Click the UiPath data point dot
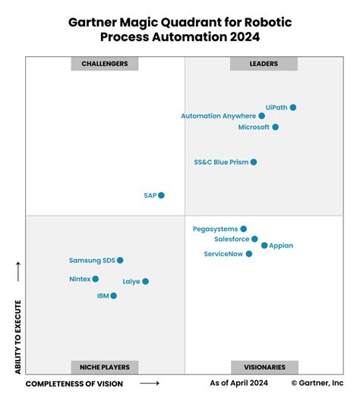coord(293,108)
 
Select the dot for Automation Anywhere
coord(262,116)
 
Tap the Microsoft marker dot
coord(276,127)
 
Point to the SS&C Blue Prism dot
coord(254,162)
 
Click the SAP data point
coord(161,195)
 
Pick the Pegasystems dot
coord(244,229)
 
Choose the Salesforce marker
coord(255,239)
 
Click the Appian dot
coord(264,245)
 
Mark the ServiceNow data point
coord(249,254)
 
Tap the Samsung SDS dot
coord(120,261)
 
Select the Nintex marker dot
coord(96,280)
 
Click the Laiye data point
coord(146,281)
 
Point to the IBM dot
coord(114,295)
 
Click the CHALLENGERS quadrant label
coord(105,64)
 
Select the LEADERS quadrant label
coord(264,64)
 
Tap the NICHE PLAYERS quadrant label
coord(105,367)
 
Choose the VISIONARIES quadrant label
coord(264,367)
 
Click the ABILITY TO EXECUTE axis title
coord(17,336)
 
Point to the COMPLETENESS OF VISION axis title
coord(74,384)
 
